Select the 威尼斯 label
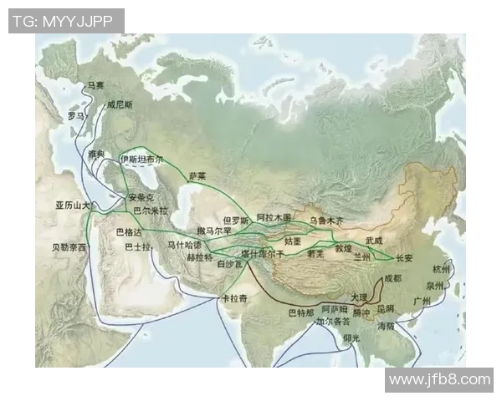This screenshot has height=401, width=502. tap(120, 106)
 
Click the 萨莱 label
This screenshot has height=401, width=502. tap(197, 176)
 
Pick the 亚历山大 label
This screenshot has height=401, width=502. tap(73, 206)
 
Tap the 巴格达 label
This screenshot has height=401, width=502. tap(129, 231)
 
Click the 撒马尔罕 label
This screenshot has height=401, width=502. tap(213, 230)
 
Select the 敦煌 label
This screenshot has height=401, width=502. tap(344, 248)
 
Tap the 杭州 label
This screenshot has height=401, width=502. tap(441, 270)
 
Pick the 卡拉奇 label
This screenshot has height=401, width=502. tap(233, 298)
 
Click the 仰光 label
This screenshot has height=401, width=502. tap(351, 338)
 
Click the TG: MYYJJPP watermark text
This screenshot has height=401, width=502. tap(66, 21)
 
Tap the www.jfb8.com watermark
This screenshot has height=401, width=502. tap(440, 379)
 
